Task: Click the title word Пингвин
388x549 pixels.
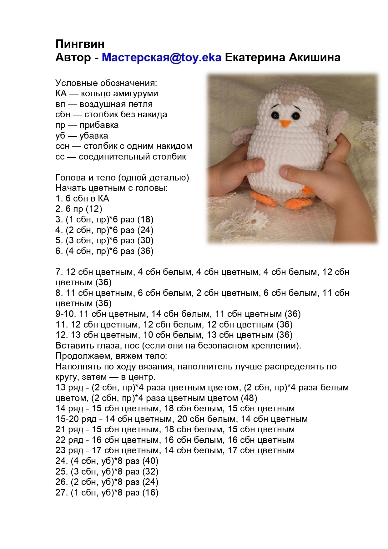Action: (x=80, y=44)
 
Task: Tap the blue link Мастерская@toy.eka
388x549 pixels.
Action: (x=161, y=58)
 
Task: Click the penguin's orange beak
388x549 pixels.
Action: (x=285, y=124)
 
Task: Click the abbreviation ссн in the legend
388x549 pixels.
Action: (x=63, y=146)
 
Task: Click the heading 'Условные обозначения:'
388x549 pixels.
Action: (x=106, y=83)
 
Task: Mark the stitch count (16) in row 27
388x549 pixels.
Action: (x=150, y=492)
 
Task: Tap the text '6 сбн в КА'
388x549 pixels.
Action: (x=87, y=198)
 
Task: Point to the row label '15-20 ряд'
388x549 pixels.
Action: (x=75, y=419)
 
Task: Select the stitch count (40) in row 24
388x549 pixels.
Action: (x=150, y=461)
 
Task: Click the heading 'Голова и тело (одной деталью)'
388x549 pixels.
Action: (x=122, y=177)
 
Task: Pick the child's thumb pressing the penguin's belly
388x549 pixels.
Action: (x=289, y=171)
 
